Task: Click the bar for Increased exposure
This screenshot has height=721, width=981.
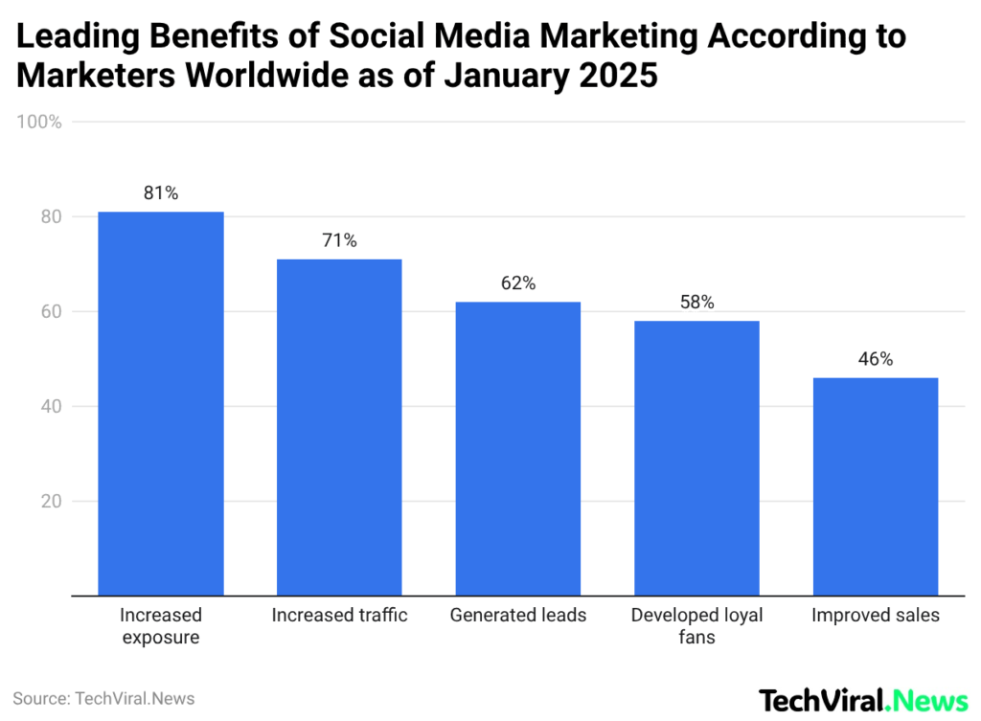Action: pos(161,403)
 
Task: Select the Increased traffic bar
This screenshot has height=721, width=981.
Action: pos(339,427)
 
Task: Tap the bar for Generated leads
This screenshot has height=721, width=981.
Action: pos(517,448)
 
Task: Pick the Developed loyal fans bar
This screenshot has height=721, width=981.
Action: pos(696,458)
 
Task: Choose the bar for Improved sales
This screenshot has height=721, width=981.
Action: pos(875,486)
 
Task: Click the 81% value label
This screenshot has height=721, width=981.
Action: pos(161,192)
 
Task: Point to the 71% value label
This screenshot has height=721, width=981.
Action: pos(339,240)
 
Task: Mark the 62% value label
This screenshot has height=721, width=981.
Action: pos(517,283)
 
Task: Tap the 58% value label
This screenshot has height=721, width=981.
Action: pos(696,303)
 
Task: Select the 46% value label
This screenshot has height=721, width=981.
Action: pos(875,359)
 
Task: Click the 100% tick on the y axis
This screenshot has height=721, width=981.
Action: pos(39,123)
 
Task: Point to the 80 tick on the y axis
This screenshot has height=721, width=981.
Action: pos(50,217)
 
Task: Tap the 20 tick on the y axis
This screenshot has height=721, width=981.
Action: pos(50,502)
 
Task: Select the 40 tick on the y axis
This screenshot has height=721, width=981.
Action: pos(50,407)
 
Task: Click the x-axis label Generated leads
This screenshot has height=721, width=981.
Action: pos(517,616)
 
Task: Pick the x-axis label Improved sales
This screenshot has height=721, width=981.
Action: pos(875,616)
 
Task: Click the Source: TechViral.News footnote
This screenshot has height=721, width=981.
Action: pos(103,699)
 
